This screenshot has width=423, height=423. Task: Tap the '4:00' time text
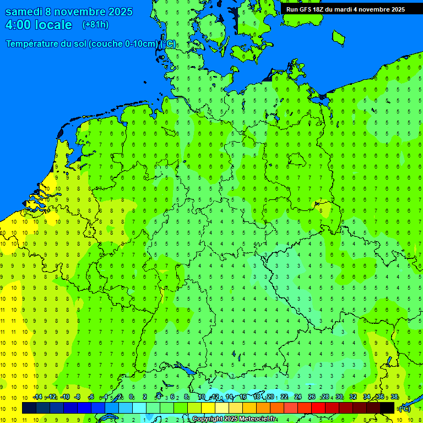point(19,25)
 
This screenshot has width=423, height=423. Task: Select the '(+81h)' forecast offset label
point(95,25)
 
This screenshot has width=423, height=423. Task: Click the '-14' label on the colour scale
point(37,397)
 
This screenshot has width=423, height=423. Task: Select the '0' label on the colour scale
point(131,397)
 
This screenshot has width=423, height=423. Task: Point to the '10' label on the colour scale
point(202,397)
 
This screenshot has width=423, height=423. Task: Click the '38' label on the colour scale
point(394,397)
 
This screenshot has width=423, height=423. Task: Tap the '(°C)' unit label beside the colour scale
point(405,408)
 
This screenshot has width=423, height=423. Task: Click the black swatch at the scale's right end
point(387,408)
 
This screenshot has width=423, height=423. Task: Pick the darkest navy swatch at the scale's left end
point(29,408)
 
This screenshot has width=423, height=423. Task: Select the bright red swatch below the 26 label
point(318,408)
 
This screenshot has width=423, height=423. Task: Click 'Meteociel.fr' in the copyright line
point(257,419)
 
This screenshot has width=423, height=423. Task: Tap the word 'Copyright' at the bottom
point(208,419)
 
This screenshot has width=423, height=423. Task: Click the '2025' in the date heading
point(115,12)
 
